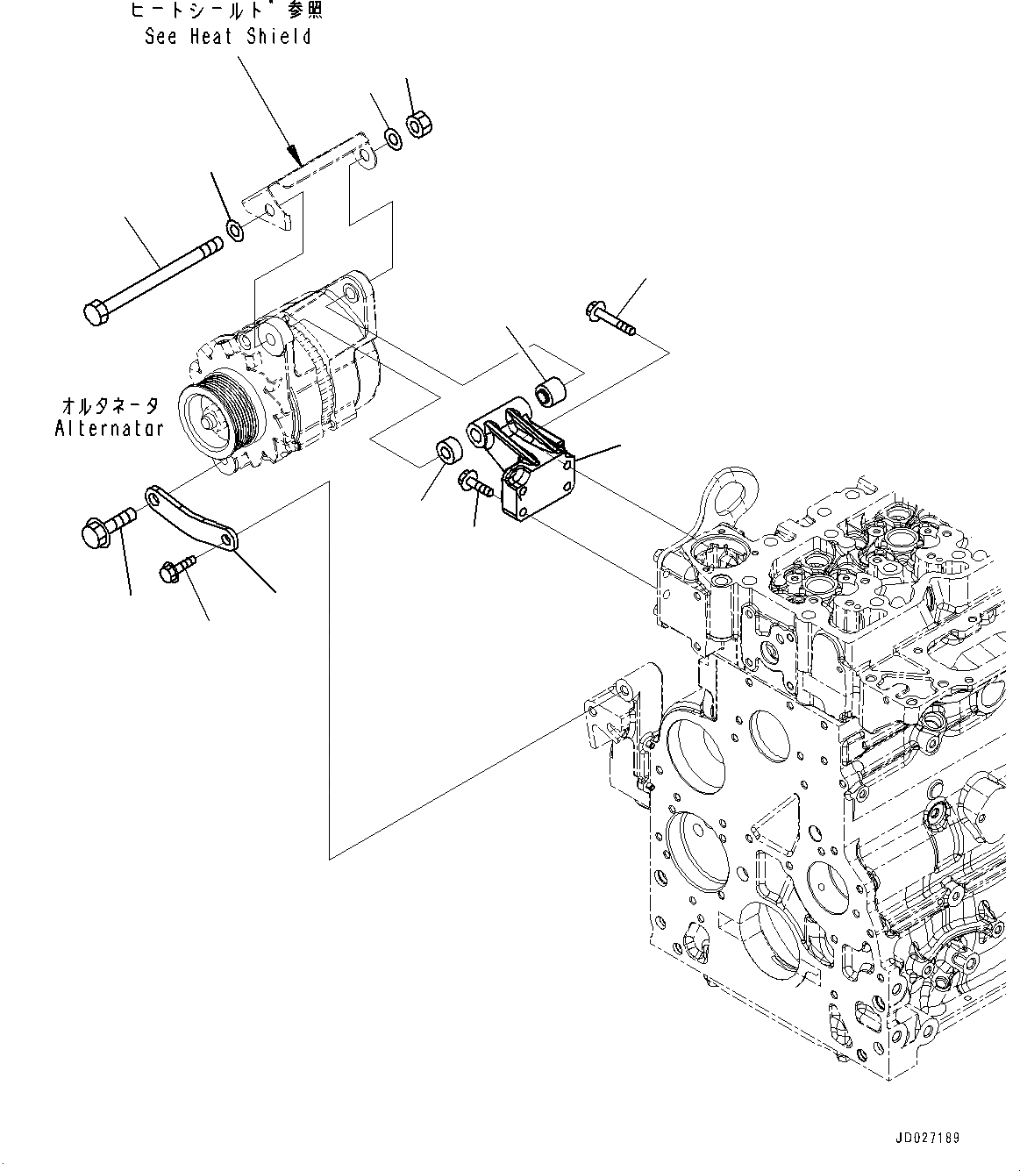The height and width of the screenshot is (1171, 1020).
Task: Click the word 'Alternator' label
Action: point(109,429)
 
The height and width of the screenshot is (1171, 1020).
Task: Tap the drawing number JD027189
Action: point(927,1138)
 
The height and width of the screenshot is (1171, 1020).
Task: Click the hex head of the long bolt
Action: point(95,311)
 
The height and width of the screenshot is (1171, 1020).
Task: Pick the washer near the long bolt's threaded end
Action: point(235,231)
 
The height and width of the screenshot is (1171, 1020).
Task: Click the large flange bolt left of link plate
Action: point(103,527)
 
